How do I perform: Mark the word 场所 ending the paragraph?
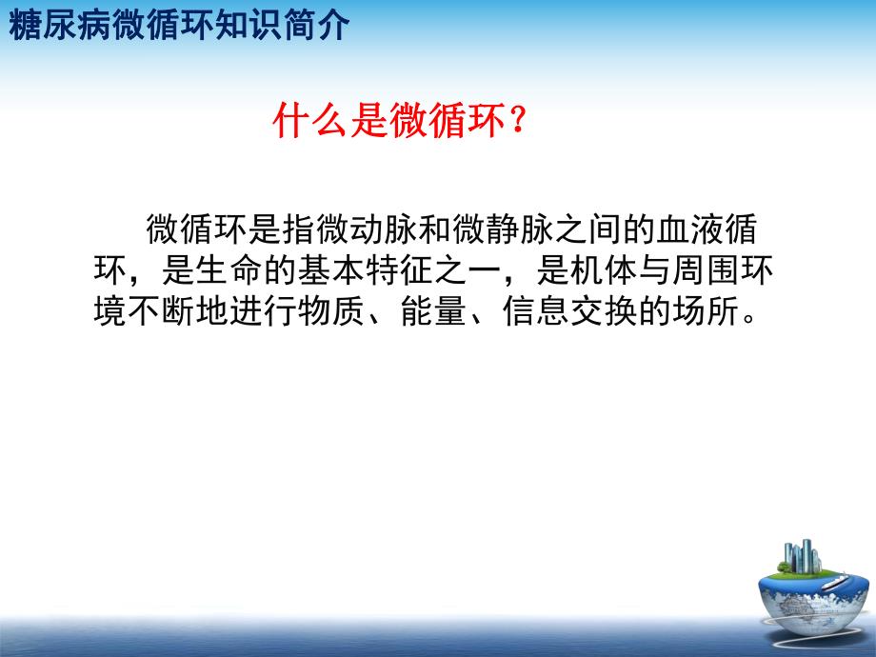[715, 313]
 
